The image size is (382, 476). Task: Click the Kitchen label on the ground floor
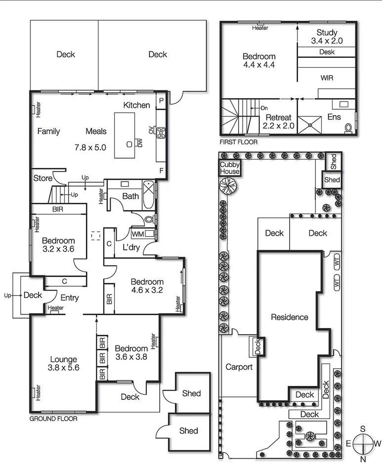tap(136, 105)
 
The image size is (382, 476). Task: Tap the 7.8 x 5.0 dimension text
tap(90, 147)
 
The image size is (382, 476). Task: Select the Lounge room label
tap(63, 359)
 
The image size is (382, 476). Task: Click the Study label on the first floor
tap(327, 33)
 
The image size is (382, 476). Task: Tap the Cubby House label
tap(230, 168)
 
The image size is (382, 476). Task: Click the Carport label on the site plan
tap(239, 367)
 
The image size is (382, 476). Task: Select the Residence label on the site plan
tap(289, 317)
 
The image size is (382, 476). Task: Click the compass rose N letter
tap(363, 459)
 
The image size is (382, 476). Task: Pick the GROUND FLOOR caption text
tap(53, 418)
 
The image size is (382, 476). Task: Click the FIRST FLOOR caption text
tap(239, 141)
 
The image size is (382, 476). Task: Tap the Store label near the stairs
tap(42, 178)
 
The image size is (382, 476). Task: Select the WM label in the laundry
tap(138, 234)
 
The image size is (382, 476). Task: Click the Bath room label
tap(130, 196)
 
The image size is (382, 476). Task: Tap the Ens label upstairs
tap(334, 118)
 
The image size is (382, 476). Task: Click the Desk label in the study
tap(327, 51)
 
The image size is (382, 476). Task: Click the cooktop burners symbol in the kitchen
tap(161, 131)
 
